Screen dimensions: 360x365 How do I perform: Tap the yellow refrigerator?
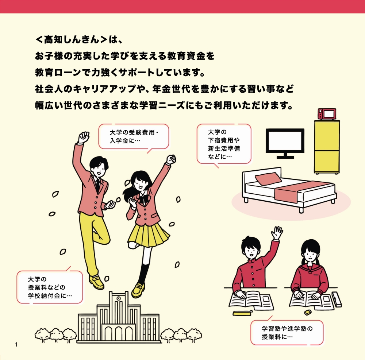click(327, 147)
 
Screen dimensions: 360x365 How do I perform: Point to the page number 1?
click(16, 345)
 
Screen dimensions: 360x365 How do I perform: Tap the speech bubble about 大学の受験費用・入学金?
click(134, 136)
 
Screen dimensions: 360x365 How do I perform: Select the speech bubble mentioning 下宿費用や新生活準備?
click(224, 143)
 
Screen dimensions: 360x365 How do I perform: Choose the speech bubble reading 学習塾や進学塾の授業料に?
click(287, 332)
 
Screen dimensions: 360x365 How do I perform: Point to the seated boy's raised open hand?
click(278, 233)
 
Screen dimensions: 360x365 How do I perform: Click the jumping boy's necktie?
click(97, 184)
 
